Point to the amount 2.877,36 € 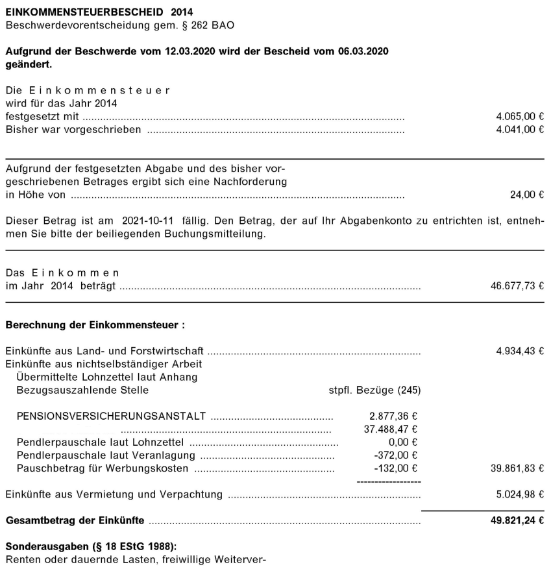(x=393, y=416)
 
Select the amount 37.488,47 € (x=390, y=429)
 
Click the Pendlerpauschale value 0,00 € (x=401, y=442)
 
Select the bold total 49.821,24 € (x=515, y=521)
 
